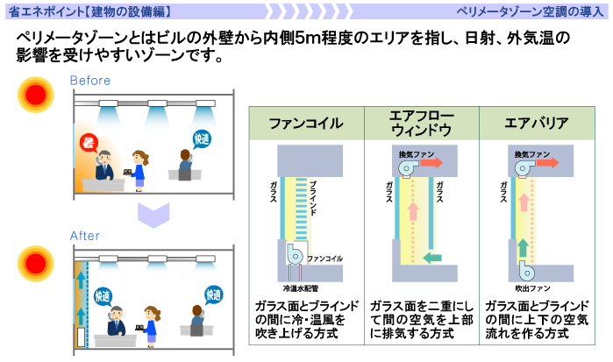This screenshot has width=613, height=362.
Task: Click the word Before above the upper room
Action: [x=90, y=82]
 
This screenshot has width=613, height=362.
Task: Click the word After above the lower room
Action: [x=85, y=237]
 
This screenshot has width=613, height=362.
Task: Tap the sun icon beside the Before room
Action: [x=36, y=96]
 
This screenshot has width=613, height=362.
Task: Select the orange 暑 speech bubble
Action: [x=88, y=141]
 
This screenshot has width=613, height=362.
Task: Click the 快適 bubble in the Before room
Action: [x=203, y=139]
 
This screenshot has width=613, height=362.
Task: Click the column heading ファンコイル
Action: [x=305, y=124]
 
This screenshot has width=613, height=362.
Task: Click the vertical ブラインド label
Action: [x=313, y=202]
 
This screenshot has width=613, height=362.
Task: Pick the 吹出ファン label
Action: [x=531, y=287]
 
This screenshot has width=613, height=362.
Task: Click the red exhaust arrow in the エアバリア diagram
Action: [x=547, y=163]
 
